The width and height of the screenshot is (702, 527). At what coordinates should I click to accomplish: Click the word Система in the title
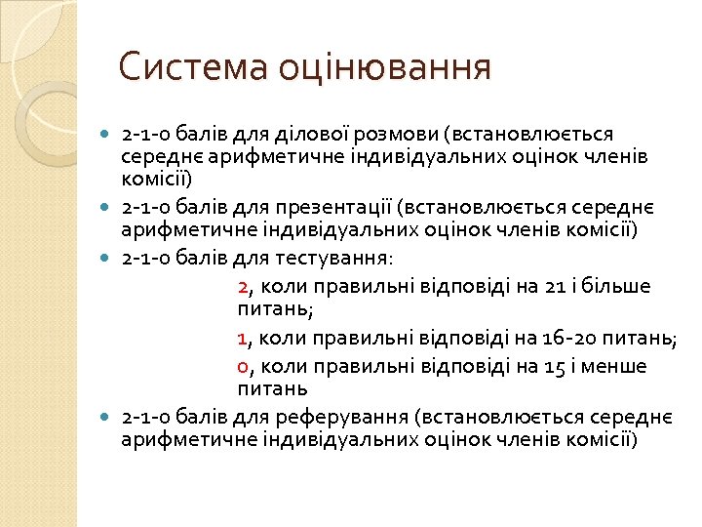point(194,68)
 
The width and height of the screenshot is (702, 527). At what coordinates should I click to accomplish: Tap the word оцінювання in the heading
point(385,68)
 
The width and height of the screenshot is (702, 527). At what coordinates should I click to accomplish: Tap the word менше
point(614,367)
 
